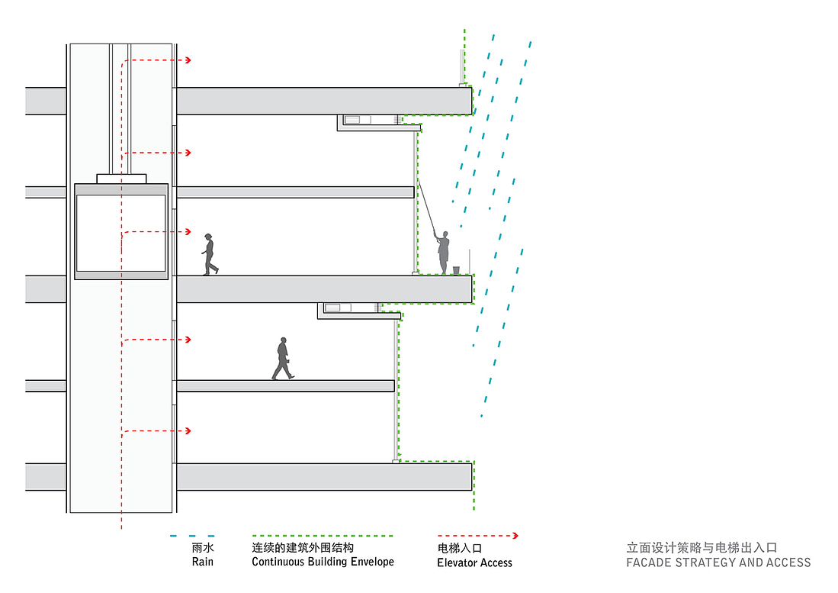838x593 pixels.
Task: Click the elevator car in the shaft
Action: click(x=121, y=232)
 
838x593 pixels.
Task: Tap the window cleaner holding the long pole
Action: click(x=443, y=253)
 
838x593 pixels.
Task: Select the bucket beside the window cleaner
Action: click(x=456, y=270)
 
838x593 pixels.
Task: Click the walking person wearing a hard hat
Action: click(x=209, y=254)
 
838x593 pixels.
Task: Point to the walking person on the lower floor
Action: click(x=282, y=359)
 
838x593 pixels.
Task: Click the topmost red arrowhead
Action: click(x=188, y=60)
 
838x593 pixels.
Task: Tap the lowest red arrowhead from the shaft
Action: click(x=188, y=431)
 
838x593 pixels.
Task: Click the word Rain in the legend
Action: click(x=202, y=562)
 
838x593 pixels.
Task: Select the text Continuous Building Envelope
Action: click(x=323, y=562)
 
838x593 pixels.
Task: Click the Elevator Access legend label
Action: click(x=474, y=562)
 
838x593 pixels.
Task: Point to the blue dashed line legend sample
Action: click(x=192, y=536)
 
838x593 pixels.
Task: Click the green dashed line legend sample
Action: click(x=323, y=536)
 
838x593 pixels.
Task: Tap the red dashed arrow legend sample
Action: click(x=478, y=536)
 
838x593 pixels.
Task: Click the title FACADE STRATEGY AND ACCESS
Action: click(x=718, y=562)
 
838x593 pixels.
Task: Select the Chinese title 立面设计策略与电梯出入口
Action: click(x=701, y=547)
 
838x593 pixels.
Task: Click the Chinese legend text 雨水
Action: click(x=202, y=548)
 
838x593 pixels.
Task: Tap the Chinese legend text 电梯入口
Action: click(x=460, y=548)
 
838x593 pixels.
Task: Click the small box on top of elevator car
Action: click(x=121, y=179)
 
